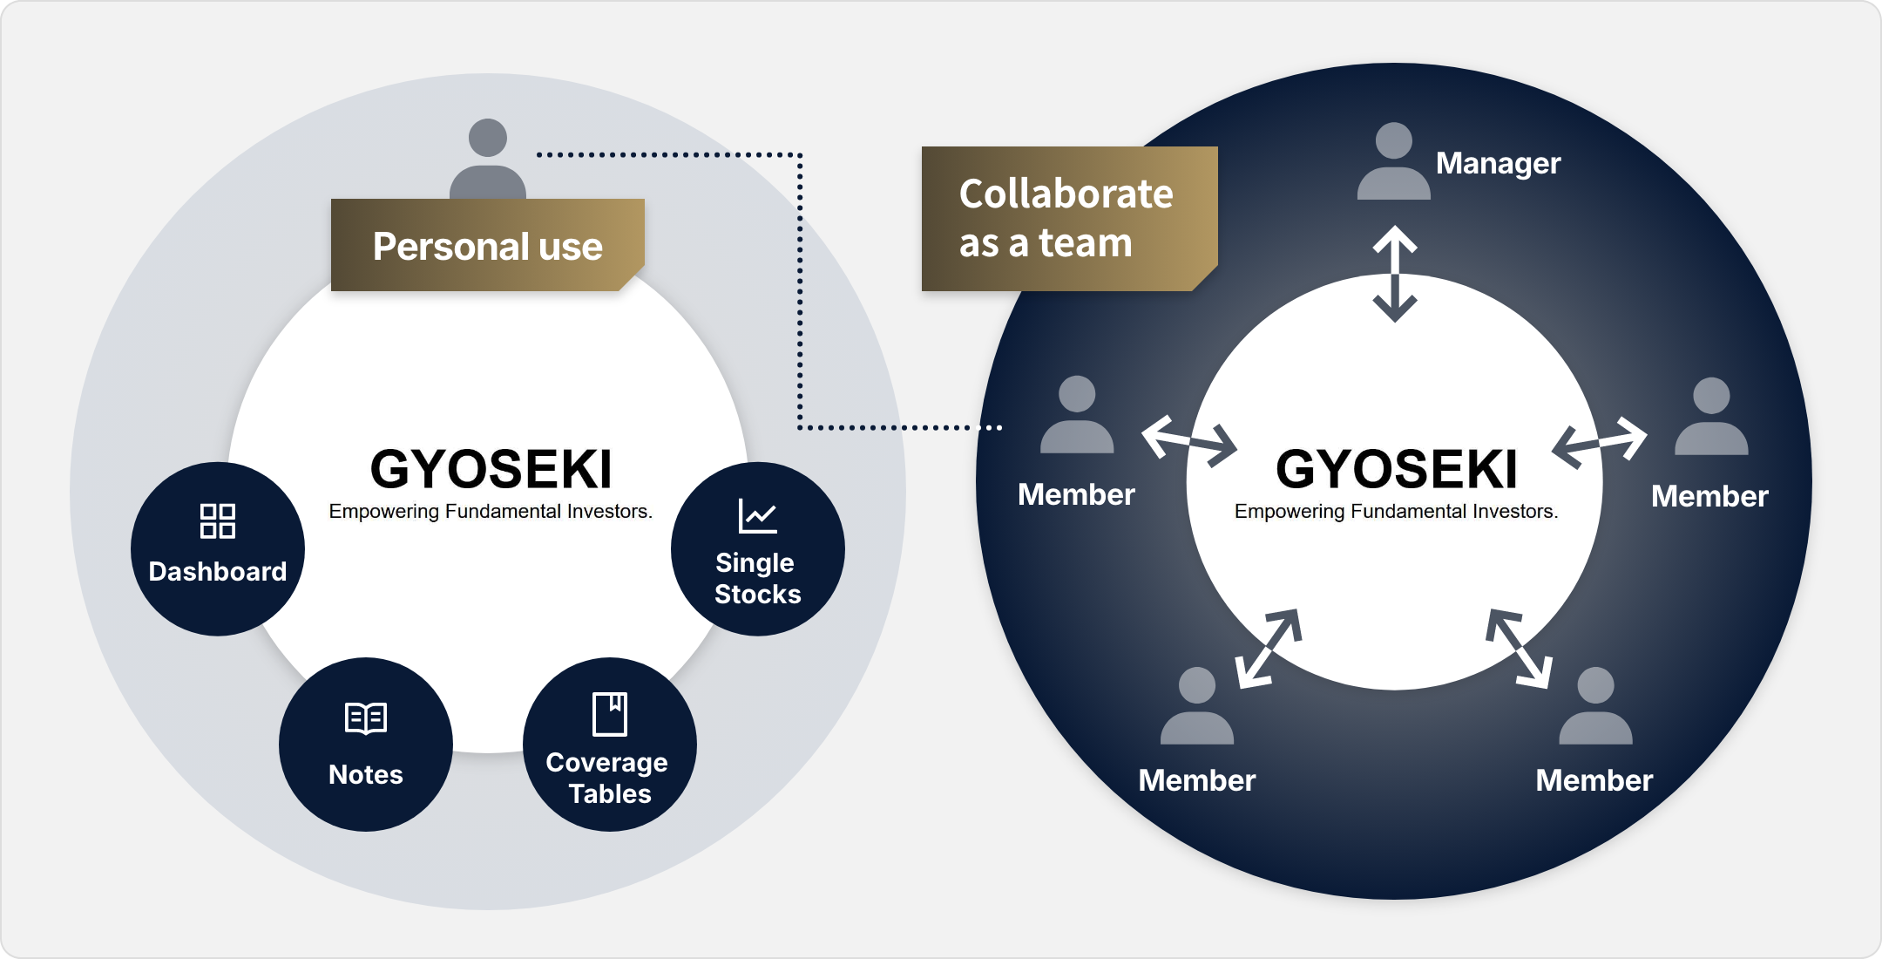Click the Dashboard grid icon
[218, 520]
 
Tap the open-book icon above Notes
[366, 718]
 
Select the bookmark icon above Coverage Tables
[610, 714]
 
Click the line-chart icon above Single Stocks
[757, 516]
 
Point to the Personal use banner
[488, 245]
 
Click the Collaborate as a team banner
[1068, 218]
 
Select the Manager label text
[1498, 163]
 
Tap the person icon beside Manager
[1393, 161]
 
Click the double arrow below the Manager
[1395, 274]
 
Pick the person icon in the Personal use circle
[488, 159]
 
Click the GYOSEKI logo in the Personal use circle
[491, 469]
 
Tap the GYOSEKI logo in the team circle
[1397, 469]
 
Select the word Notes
[366, 774]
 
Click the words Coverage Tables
[608, 778]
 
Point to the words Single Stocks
[757, 578]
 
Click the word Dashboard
[218, 571]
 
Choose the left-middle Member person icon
[1077, 414]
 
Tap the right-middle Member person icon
[1711, 416]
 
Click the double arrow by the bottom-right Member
[1520, 649]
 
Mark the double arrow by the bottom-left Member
[1269, 649]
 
